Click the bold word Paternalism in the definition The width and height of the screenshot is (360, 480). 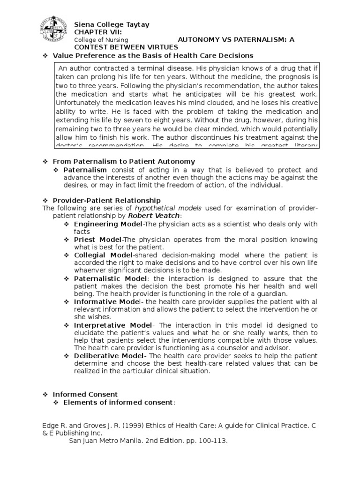85,170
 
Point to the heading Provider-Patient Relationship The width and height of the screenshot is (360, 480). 106,201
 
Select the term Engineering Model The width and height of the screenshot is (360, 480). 102,224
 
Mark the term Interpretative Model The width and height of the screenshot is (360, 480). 113,325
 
